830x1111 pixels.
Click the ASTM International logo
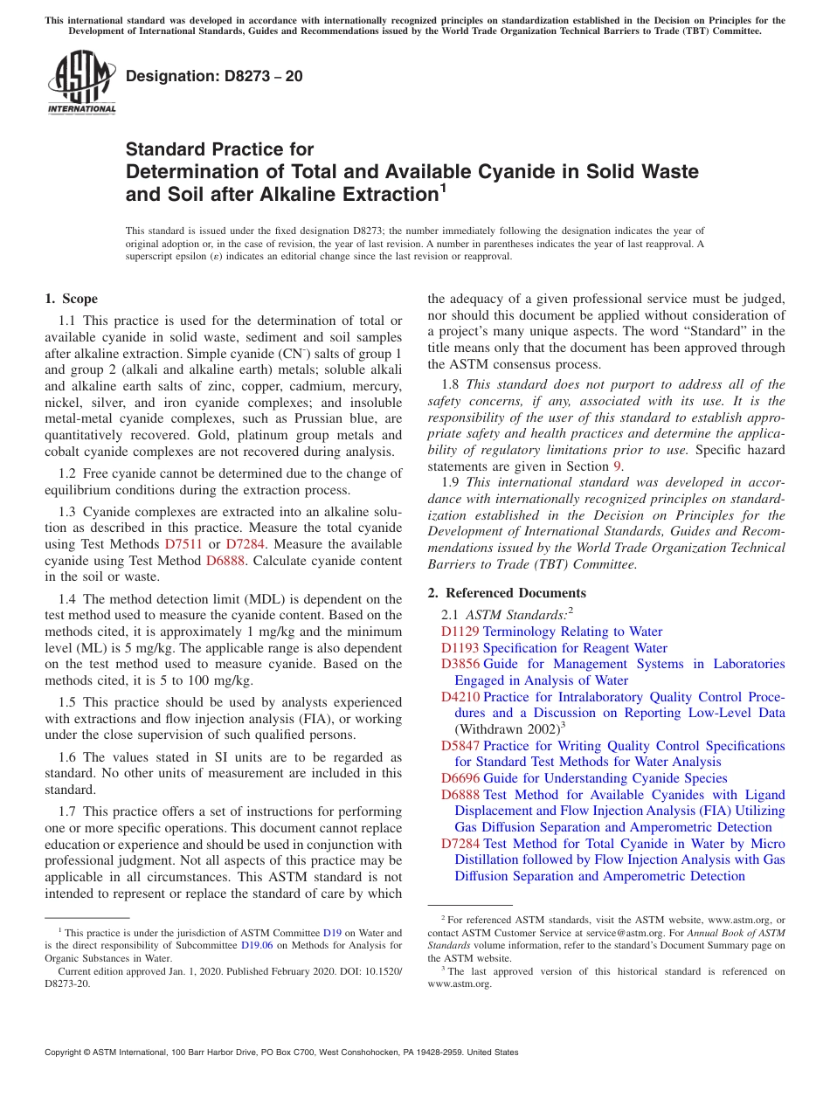[81, 83]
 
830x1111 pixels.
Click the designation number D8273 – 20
[214, 76]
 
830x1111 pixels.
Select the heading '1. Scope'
[71, 299]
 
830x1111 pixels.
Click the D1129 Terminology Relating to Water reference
[551, 631]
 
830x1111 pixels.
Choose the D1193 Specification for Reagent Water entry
[554, 648]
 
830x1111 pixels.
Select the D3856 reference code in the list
[460, 664]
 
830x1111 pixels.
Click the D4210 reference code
[460, 697]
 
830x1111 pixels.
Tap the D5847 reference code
[460, 746]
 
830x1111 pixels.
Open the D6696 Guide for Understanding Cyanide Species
[584, 778]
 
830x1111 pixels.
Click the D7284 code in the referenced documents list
[460, 844]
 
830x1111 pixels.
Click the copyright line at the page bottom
[281, 1052]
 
